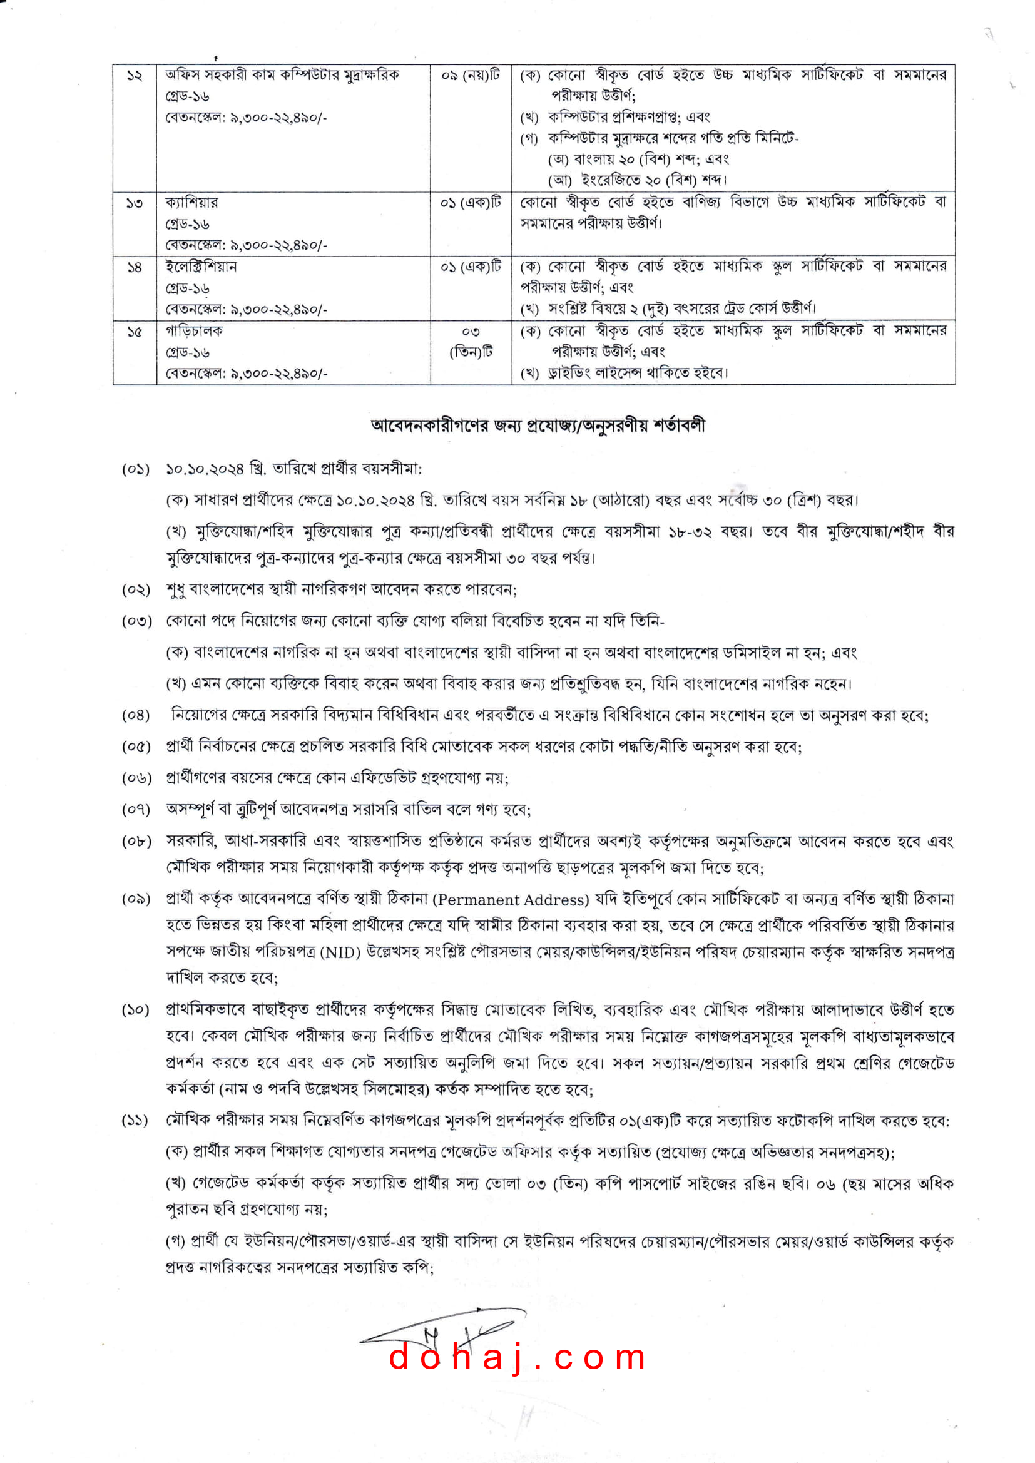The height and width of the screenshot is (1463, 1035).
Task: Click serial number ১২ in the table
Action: click(x=135, y=76)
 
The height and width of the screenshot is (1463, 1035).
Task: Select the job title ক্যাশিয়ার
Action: click(x=192, y=203)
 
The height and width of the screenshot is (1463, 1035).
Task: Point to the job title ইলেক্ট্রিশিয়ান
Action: click(x=201, y=267)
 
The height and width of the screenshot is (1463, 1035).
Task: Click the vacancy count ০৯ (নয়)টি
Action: click(x=471, y=76)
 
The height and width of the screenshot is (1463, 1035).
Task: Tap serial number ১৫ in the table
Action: click(x=135, y=332)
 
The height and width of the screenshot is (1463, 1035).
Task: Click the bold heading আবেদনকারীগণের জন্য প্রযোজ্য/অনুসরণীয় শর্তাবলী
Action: click(x=538, y=426)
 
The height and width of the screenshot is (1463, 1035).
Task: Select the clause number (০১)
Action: click(x=136, y=469)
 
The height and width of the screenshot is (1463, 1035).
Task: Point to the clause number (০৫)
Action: click(x=136, y=747)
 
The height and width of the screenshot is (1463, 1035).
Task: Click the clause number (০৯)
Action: click(x=136, y=899)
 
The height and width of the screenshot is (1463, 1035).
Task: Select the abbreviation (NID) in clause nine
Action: click(x=340, y=952)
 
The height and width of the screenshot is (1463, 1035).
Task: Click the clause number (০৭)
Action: click(x=136, y=810)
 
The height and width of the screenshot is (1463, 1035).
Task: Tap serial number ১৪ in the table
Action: click(x=135, y=268)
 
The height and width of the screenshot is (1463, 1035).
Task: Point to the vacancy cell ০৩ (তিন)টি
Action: click(x=471, y=342)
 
